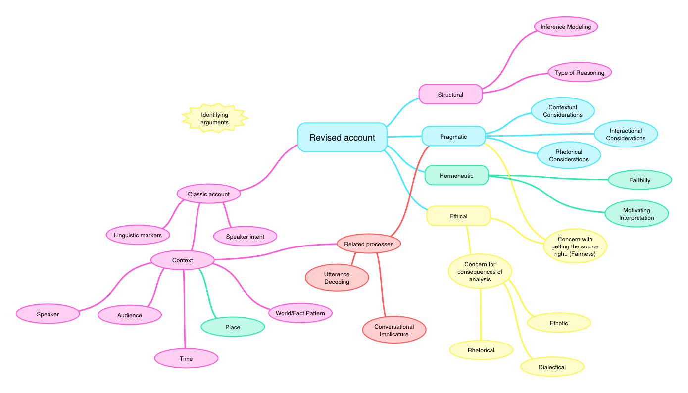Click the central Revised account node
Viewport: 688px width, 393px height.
(342, 137)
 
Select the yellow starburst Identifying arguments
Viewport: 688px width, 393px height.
(215, 118)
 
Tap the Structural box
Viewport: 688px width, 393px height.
(450, 94)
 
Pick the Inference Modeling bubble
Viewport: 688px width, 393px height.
(566, 27)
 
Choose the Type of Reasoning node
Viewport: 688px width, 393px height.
(580, 72)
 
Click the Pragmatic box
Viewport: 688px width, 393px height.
(453, 136)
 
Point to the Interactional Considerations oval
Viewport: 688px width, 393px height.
(626, 134)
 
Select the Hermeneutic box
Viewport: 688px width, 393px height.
(456, 175)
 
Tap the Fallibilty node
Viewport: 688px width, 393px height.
(640, 180)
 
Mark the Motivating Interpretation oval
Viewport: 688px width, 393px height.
(637, 214)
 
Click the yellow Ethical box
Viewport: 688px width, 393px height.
(458, 216)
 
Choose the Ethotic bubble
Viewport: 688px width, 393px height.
(559, 323)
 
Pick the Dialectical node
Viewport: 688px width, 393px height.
(552, 367)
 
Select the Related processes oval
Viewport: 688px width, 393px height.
(368, 244)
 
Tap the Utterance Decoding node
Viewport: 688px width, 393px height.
(337, 278)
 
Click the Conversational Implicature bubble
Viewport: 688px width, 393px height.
(394, 330)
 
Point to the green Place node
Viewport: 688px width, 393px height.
(233, 327)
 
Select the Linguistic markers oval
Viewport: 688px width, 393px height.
(138, 235)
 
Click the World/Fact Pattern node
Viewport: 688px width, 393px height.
(300, 313)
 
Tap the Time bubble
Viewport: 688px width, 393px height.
(186, 358)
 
